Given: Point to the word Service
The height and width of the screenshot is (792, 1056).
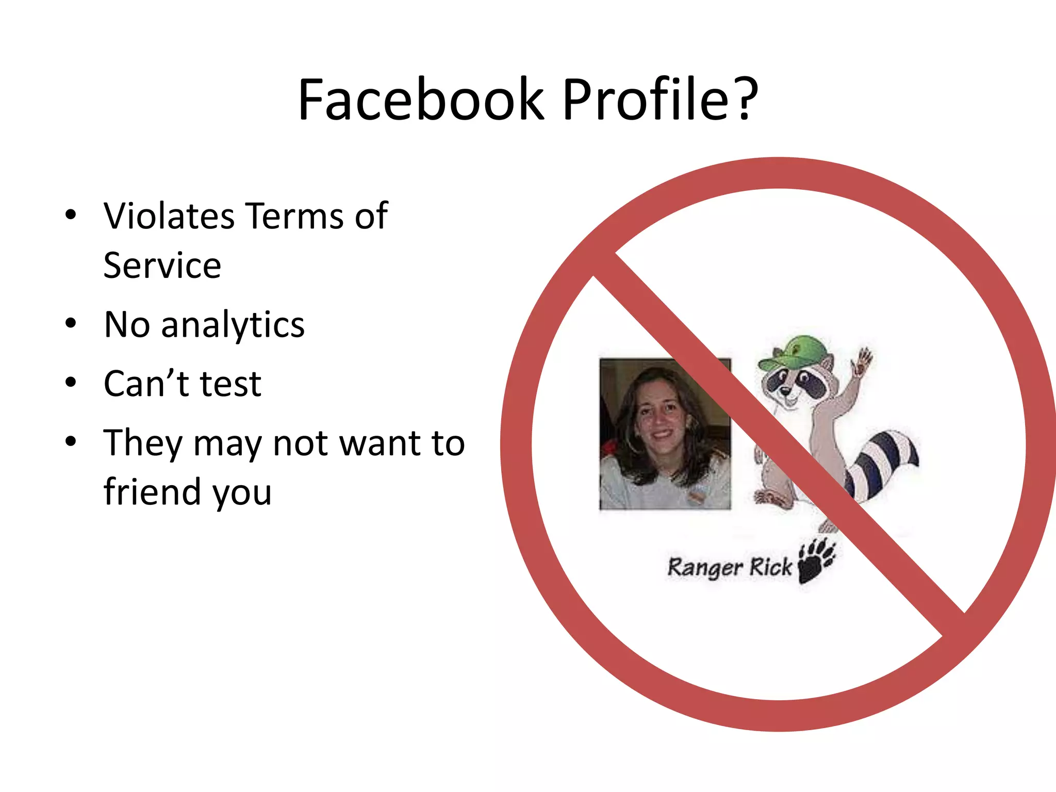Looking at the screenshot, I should point(162,266).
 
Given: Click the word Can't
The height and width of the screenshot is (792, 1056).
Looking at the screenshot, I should point(146,384).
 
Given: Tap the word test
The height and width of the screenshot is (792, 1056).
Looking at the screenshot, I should point(230,385).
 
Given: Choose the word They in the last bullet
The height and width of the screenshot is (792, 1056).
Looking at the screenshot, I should point(143,443).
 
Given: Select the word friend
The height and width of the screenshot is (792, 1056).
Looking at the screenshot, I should point(152,491).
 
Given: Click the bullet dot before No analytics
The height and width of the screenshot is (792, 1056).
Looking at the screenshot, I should point(71,324).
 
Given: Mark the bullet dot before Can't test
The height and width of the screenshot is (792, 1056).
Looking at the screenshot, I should point(71,383).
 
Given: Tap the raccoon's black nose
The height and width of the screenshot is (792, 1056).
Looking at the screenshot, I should point(785,392).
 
